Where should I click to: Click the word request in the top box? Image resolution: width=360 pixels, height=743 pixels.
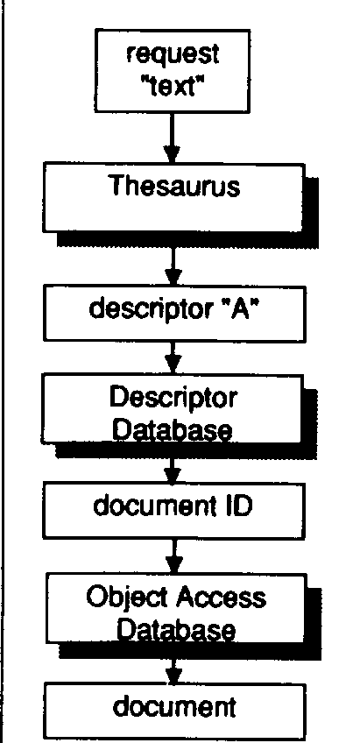173,54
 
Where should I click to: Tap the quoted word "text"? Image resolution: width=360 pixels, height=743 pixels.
173,87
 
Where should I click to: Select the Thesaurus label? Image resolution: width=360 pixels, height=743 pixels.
175,186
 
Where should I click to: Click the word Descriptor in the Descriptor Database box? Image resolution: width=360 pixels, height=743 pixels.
173,399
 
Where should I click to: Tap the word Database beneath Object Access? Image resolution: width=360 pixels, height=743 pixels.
177,629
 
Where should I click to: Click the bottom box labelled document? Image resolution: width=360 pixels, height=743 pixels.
174,711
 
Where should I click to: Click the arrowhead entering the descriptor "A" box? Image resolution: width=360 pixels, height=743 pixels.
173,276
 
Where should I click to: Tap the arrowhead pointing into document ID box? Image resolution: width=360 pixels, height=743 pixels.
173,473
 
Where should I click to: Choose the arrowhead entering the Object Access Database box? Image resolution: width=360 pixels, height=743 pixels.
174,564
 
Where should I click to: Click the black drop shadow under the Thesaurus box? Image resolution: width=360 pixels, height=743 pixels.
189,239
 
